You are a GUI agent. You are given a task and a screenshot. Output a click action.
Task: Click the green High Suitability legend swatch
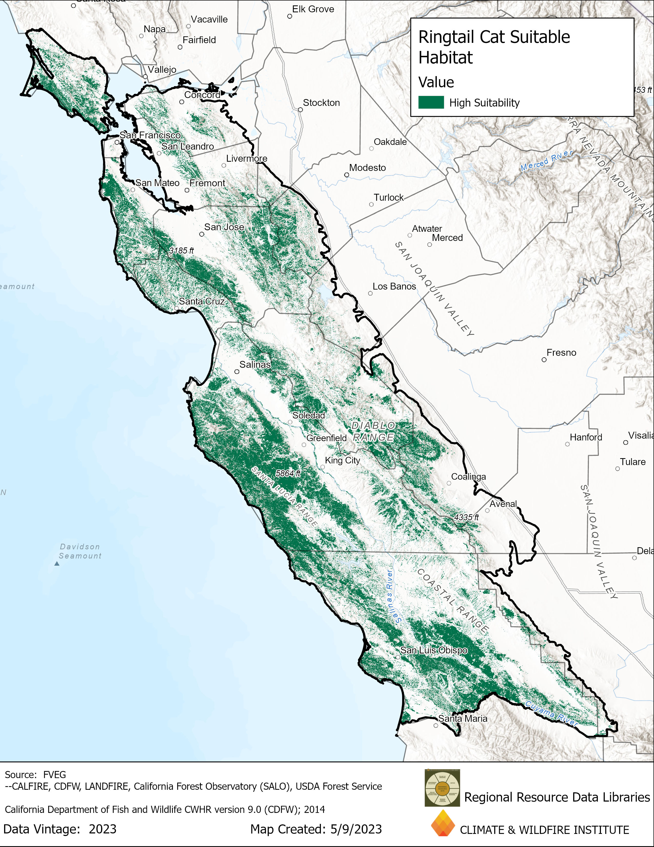[431, 102]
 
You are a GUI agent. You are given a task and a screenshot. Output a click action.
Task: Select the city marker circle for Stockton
[300, 110]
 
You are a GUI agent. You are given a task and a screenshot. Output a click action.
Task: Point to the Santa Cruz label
[202, 301]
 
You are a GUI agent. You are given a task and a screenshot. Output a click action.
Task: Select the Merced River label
[546, 160]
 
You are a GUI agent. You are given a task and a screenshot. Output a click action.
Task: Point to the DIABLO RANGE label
[373, 431]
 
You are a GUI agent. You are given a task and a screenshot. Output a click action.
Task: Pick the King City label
[342, 460]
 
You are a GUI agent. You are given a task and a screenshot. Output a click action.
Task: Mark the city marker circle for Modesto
[346, 175]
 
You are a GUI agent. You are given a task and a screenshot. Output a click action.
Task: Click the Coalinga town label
[468, 477]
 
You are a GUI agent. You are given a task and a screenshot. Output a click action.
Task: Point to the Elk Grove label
[313, 9]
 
